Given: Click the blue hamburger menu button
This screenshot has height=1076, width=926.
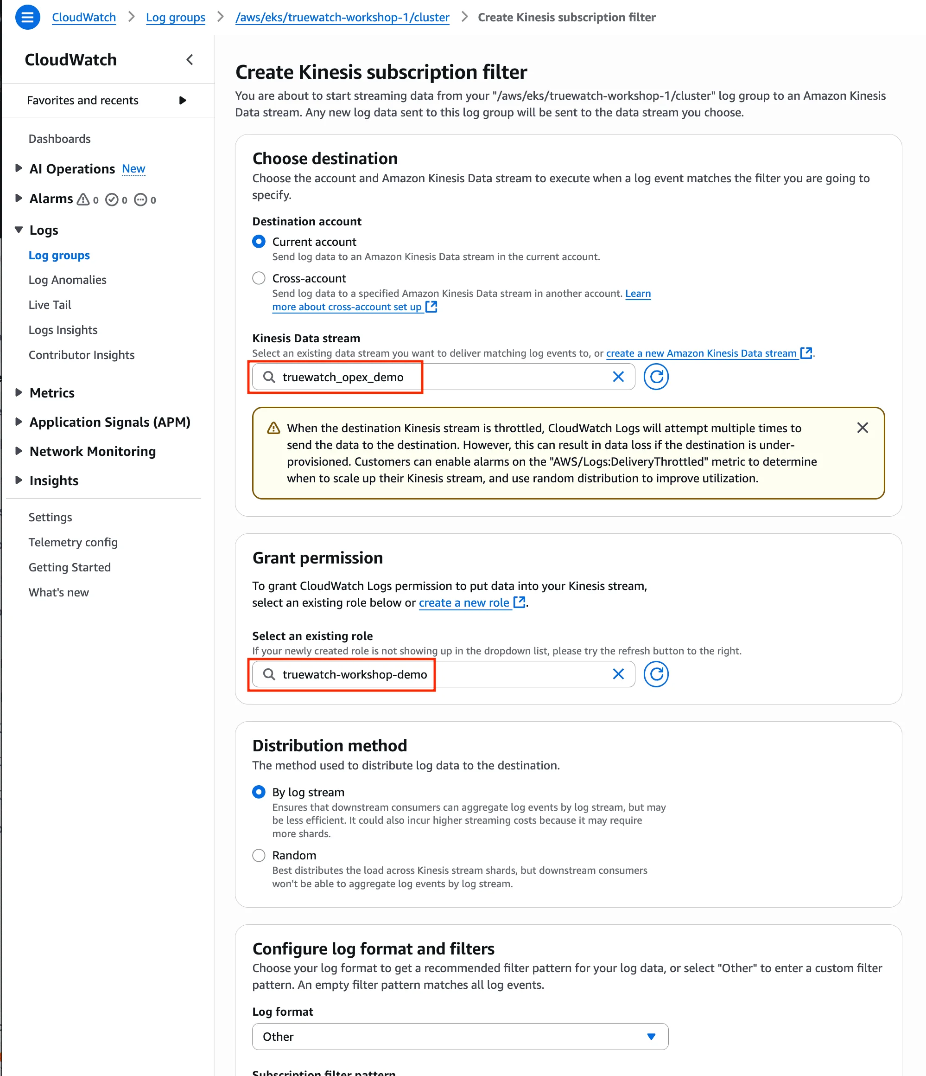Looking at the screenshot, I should coord(27,17).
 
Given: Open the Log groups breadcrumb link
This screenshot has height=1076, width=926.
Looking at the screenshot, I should coord(176,17).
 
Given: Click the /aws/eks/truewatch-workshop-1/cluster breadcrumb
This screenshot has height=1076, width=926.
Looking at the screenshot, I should coord(342,17).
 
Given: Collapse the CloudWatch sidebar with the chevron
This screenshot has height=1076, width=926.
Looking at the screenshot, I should coord(190,60).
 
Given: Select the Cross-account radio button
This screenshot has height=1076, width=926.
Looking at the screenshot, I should coord(259,278).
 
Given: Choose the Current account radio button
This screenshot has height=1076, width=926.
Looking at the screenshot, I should coord(259,242).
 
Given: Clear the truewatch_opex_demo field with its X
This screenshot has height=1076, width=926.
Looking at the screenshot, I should coord(618,377).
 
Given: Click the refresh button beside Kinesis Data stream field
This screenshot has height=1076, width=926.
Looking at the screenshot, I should coord(656,377).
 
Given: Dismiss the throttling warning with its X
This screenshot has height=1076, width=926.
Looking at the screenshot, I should coord(862,428).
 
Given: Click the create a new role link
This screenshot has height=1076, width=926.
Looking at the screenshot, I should coord(463,602).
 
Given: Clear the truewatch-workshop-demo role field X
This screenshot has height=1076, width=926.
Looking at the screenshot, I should coord(618,674).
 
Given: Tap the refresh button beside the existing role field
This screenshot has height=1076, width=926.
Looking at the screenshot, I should coord(656,674).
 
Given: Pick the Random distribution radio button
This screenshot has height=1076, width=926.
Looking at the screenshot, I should coord(259,855).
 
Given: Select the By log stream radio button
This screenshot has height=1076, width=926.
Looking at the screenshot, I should coord(259,792).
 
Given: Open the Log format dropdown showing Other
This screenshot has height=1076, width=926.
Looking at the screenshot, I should coord(460,1037).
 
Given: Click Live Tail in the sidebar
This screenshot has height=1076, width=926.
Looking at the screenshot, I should coord(50,305).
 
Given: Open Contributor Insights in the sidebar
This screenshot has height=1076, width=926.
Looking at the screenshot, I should coord(82,355).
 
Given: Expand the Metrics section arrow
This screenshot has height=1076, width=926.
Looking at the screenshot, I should coord(19,392).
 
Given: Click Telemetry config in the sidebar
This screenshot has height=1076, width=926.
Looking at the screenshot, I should coord(73,542).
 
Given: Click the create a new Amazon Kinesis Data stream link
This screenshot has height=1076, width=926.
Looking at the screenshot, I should coord(701,353).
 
